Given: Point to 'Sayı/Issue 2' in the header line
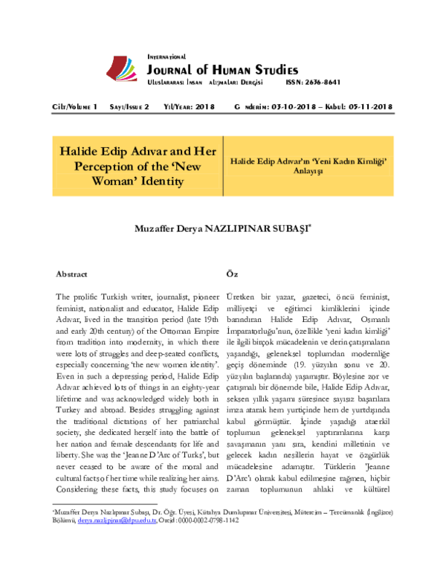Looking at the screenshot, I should [129, 108].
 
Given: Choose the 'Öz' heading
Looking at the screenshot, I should [231, 274].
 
